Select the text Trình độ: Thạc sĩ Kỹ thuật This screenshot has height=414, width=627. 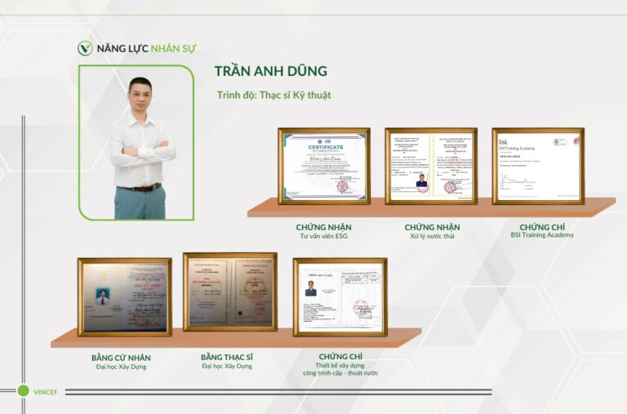pyautogui.click(x=273, y=96)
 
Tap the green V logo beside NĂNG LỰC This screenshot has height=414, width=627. pyautogui.click(x=85, y=48)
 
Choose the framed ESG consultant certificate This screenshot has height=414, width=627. pyautogui.click(x=324, y=166)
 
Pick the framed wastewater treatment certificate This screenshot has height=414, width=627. pyautogui.click(x=431, y=166)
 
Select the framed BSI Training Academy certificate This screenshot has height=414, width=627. pyautogui.click(x=537, y=166)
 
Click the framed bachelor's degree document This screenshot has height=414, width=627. pyautogui.click(x=124, y=297)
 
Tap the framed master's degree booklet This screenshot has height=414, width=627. pyautogui.click(x=229, y=292)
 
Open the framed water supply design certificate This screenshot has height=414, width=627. pyautogui.click(x=340, y=297)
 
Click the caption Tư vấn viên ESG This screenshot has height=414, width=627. pyautogui.click(x=323, y=236)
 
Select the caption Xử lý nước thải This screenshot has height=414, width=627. pyautogui.click(x=432, y=236)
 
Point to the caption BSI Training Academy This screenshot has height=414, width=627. pyautogui.click(x=542, y=235)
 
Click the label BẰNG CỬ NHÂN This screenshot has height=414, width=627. pyautogui.click(x=121, y=358)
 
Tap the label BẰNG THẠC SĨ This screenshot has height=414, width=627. pyautogui.click(x=227, y=357)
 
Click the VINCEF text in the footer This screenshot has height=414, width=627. pyautogui.click(x=47, y=392)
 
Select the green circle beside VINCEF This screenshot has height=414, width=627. pyautogui.click(x=23, y=391)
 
